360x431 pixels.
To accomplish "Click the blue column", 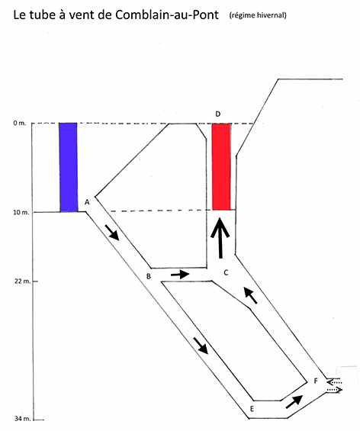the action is [69, 167].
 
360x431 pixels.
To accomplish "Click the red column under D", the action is [221, 167].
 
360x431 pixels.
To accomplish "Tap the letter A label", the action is [87, 202].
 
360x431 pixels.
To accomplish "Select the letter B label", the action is [149, 276].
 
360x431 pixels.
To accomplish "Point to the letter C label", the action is [226, 272].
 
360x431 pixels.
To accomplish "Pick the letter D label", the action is [217, 114].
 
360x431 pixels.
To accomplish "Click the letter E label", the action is [252, 409].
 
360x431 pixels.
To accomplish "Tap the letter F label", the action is [316, 381].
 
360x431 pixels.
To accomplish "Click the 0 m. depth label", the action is [20, 123].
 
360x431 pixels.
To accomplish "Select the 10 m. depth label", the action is [21, 212].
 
